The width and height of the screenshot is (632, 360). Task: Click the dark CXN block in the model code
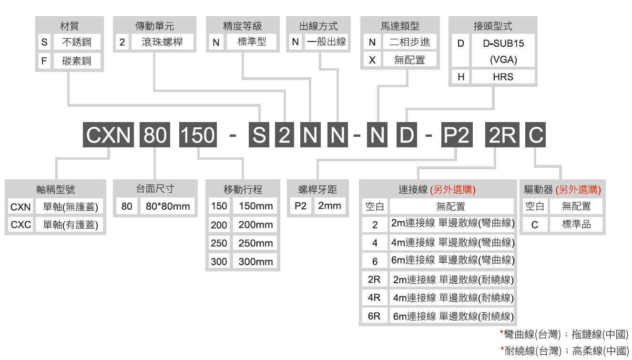(108, 134)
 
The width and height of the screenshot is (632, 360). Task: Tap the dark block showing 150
(198, 134)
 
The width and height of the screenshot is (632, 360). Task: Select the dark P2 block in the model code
(457, 134)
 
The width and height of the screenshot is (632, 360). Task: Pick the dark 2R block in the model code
(502, 134)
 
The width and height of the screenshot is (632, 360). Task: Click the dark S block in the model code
(259, 134)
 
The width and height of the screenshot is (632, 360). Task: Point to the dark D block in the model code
(407, 134)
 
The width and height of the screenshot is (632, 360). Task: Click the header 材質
(70, 26)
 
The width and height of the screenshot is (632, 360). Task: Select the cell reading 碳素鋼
(77, 61)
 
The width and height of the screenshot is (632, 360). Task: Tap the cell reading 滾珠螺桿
(162, 42)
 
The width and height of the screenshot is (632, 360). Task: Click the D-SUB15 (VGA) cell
(503, 51)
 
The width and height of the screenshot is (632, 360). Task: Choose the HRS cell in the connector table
(503, 76)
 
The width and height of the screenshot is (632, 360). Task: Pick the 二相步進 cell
(410, 42)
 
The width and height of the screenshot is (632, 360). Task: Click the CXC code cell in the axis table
(20, 225)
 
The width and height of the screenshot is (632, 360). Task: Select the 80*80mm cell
(168, 206)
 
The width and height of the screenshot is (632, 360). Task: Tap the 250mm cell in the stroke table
(255, 243)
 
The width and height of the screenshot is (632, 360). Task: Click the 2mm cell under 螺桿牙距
(329, 206)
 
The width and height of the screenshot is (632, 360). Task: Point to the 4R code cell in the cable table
(375, 298)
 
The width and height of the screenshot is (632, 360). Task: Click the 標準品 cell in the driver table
(576, 225)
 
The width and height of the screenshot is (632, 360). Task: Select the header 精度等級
(242, 26)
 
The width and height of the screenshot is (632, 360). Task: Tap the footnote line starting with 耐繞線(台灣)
(565, 350)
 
